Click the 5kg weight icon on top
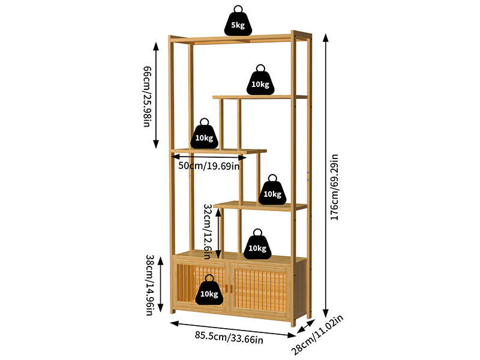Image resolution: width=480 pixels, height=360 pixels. (x=238, y=23)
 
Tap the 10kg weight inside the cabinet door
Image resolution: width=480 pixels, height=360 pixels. (x=209, y=292)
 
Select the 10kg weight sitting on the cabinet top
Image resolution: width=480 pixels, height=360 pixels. (x=257, y=247)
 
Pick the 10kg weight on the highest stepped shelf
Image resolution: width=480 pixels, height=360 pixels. (x=260, y=82)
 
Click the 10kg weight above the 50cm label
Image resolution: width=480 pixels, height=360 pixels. (x=204, y=136)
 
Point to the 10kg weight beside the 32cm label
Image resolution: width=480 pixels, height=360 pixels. (x=272, y=192)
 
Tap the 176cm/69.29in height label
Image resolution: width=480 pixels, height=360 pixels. (x=334, y=187)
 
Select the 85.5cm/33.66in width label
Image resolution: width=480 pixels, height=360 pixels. (x=229, y=337)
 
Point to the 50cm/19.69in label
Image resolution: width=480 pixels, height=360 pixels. (x=209, y=166)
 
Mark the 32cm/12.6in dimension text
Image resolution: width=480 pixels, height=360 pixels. (x=208, y=232)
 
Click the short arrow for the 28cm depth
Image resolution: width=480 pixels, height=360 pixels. (x=306, y=326)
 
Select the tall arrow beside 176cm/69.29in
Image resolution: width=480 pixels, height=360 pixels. (x=326, y=176)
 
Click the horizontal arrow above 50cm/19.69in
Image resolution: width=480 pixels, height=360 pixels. (x=209, y=157)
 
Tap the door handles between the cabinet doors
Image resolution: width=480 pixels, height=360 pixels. (x=229, y=289)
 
